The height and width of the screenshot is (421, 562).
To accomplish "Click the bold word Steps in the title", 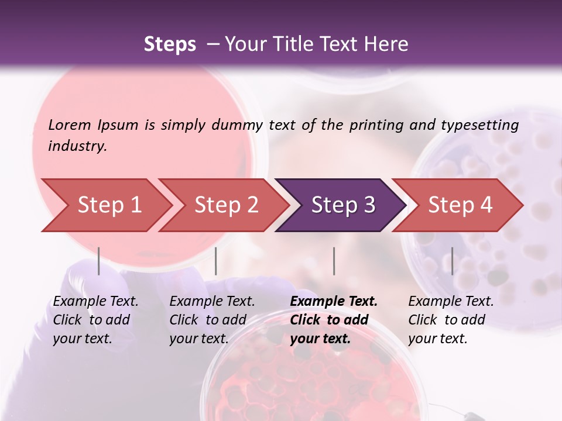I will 170,44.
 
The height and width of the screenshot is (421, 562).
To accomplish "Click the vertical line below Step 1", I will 99,261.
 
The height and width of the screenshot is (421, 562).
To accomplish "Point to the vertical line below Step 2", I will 216,261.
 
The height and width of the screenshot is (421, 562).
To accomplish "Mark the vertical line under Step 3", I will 334,261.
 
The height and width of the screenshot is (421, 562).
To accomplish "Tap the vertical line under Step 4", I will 452,261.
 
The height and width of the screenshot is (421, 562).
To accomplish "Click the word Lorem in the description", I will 70,125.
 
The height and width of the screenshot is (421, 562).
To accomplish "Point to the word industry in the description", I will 77,146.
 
